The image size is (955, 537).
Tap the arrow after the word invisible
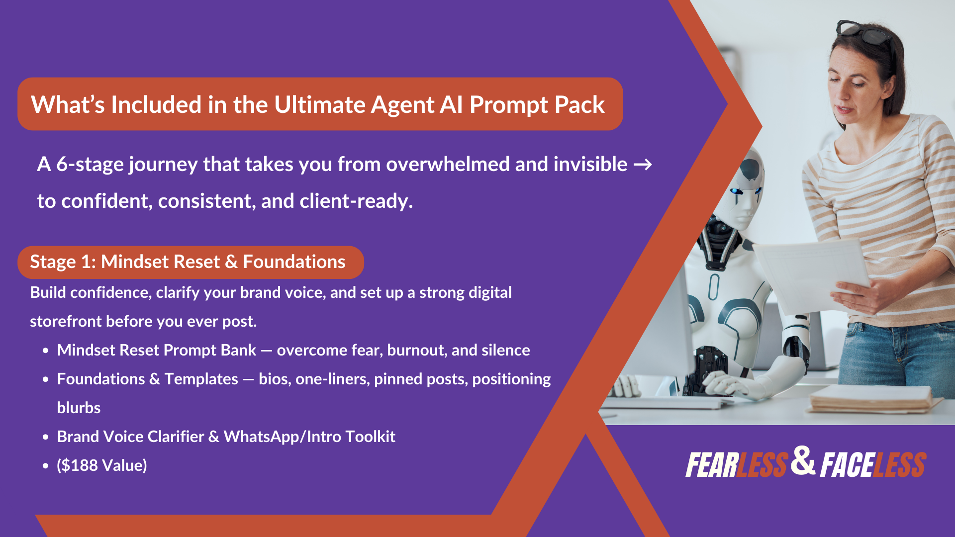pyautogui.click(x=643, y=165)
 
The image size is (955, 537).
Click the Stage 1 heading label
pyautogui.click(x=188, y=262)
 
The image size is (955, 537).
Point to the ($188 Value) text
pyautogui.click(x=102, y=465)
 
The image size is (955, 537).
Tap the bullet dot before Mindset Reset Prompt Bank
pyautogui.click(x=46, y=351)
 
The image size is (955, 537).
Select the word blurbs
pyautogui.click(x=79, y=408)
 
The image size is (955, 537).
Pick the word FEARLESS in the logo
pyautogui.click(x=737, y=465)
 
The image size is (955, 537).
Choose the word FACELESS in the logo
pyautogui.click(x=873, y=465)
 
